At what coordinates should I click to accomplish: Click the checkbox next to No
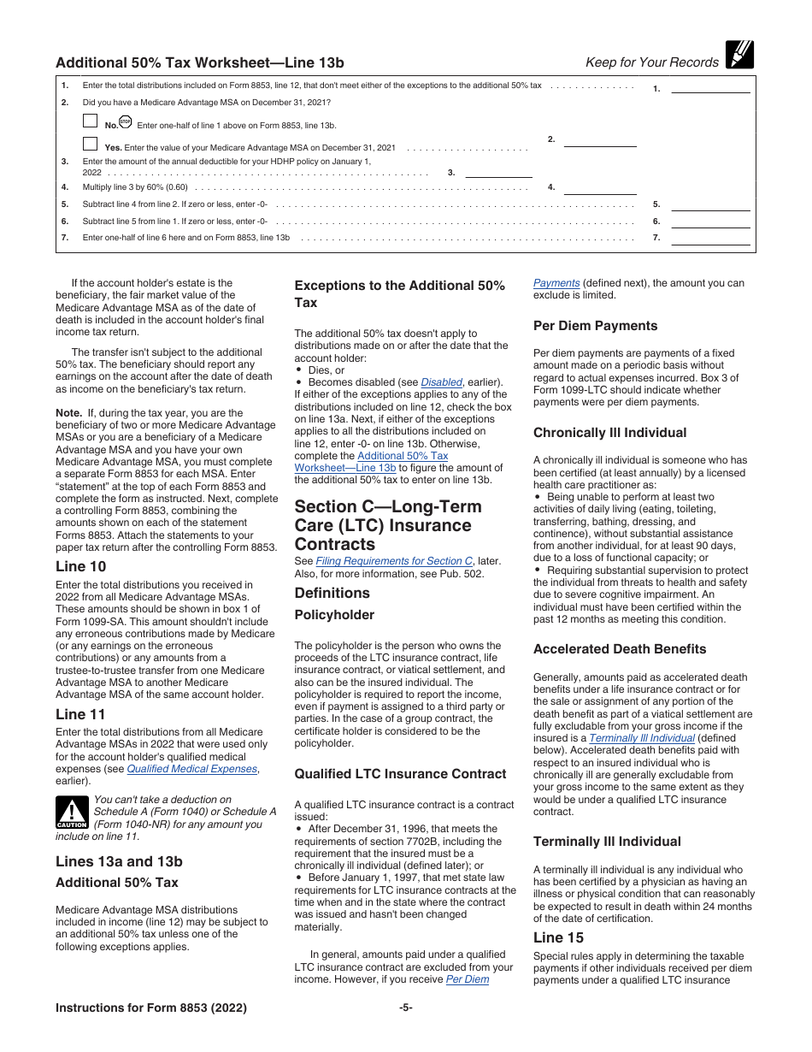coord(90,121)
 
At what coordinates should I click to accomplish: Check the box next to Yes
coord(90,144)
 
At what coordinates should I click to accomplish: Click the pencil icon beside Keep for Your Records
coord(738,55)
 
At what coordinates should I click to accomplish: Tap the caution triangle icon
coord(72,813)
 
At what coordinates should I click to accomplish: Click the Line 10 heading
coord(80,566)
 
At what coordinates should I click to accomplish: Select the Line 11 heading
coord(80,714)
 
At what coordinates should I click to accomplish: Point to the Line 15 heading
coord(558,938)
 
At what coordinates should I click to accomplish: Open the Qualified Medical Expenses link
coord(191,769)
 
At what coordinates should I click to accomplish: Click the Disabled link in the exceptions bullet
coord(441,382)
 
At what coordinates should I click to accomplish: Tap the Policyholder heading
coord(334,615)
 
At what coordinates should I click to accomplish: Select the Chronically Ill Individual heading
coord(609,433)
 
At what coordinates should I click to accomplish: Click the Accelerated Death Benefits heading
coord(620,649)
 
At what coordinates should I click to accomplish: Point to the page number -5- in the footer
coord(406,1008)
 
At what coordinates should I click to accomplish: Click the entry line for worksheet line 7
coord(710,238)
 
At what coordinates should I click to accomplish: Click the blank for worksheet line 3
coord(498,172)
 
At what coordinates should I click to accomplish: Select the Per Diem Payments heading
coord(595,326)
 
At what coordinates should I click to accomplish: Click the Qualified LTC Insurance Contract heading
coord(400,774)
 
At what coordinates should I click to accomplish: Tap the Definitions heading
coord(332,593)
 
